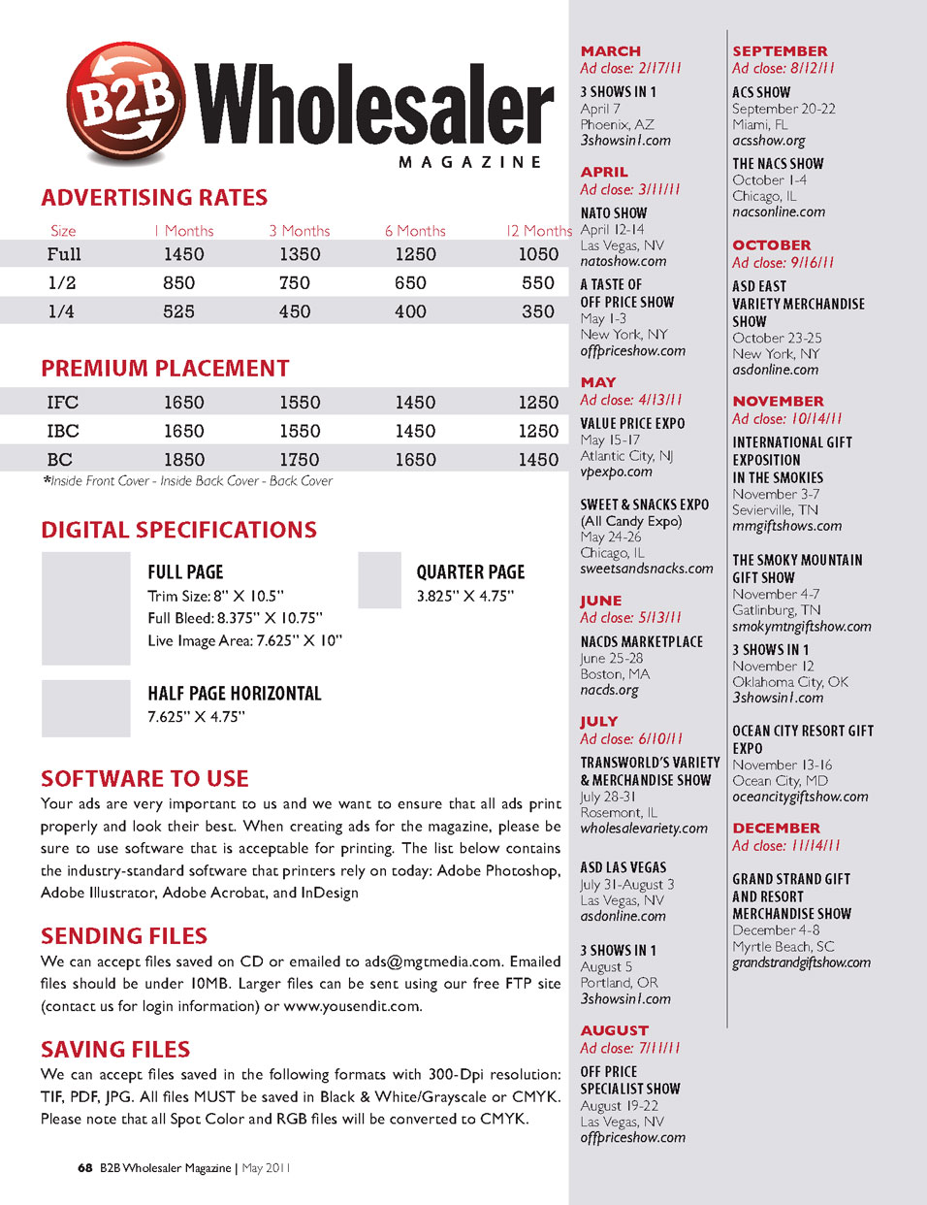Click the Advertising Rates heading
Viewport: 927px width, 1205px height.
click(x=154, y=198)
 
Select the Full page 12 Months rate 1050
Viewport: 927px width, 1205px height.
click(x=538, y=254)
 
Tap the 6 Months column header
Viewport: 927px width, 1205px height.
click(x=415, y=231)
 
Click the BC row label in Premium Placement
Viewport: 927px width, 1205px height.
click(x=60, y=460)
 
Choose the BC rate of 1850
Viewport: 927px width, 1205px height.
click(x=183, y=460)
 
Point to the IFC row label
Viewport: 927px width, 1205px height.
click(x=63, y=403)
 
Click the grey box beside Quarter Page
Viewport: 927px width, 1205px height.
click(x=379, y=580)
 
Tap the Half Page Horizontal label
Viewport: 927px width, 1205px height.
click(x=235, y=694)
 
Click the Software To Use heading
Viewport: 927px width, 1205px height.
click(x=144, y=779)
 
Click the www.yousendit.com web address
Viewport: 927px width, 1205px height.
click(x=352, y=1006)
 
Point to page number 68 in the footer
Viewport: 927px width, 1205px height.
click(x=85, y=1168)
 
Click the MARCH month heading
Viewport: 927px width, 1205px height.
click(x=610, y=51)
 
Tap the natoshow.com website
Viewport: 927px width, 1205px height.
click(x=623, y=261)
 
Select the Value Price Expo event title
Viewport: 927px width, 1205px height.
click(x=632, y=424)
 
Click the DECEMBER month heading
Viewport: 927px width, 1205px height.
click(x=776, y=829)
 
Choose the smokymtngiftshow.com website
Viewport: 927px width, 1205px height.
click(x=801, y=627)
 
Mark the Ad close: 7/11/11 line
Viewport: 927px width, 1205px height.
click(x=630, y=1048)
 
